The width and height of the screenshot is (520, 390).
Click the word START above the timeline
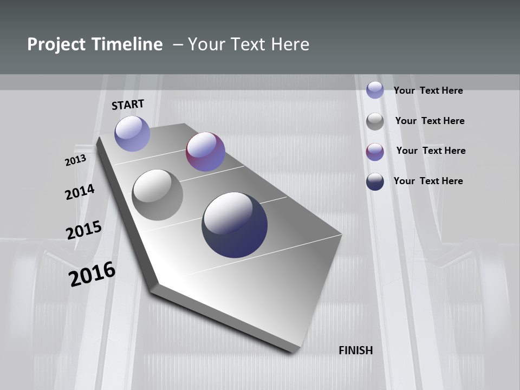(x=128, y=104)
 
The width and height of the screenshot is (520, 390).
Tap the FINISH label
(x=356, y=350)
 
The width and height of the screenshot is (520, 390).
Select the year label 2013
(x=75, y=160)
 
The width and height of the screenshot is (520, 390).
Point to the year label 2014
(x=80, y=192)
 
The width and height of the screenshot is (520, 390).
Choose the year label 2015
(x=84, y=230)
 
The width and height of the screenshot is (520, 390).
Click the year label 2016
(x=92, y=274)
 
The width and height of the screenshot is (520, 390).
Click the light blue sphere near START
(x=132, y=133)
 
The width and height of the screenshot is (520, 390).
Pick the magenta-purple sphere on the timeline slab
(x=205, y=152)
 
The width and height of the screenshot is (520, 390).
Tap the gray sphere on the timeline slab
(x=157, y=195)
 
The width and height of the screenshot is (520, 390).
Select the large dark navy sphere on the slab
(x=235, y=225)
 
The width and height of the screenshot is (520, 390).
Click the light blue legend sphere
(x=375, y=90)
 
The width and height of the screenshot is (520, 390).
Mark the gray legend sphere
(x=375, y=121)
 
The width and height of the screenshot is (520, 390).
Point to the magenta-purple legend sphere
(x=375, y=152)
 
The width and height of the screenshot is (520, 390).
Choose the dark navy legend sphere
(x=375, y=181)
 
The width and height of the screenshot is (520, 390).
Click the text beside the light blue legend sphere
(x=428, y=90)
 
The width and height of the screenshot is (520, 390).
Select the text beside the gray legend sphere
(x=430, y=121)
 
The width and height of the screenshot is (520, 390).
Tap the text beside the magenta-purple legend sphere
(x=431, y=151)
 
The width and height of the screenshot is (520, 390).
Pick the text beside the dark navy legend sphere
(x=428, y=181)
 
